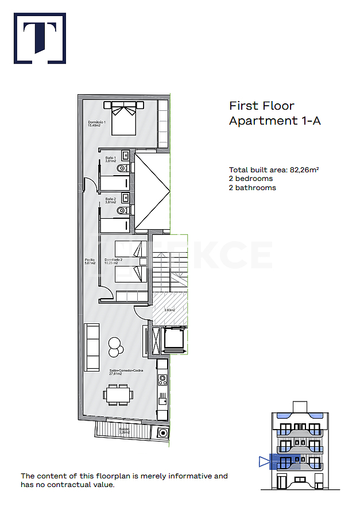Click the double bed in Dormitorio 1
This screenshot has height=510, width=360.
tap(123, 117)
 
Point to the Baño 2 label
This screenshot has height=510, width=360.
tap(111, 200)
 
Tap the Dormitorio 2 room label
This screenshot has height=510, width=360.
tap(114, 261)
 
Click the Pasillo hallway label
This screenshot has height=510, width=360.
tap(90, 261)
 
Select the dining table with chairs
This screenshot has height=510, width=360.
tap(119, 395)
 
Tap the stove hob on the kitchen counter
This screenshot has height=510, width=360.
tap(162, 380)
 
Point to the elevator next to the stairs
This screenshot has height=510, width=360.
tap(173, 339)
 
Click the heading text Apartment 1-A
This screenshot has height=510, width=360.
tap(274, 121)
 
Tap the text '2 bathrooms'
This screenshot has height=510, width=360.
tap(252, 188)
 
